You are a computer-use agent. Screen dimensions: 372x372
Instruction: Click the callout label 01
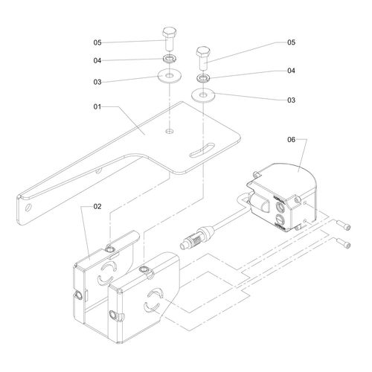[x=97, y=107]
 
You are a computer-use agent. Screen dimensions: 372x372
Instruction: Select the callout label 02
[x=97, y=207]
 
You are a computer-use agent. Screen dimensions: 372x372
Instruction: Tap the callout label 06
[x=292, y=140]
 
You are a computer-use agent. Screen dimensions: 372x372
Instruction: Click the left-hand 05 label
[x=97, y=42]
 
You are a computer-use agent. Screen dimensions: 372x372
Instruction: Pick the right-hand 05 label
[x=292, y=42]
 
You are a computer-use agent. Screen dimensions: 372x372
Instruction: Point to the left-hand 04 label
[x=97, y=60]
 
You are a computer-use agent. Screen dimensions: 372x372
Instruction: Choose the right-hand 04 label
[x=292, y=71]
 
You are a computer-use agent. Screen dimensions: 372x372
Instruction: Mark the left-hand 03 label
[x=97, y=82]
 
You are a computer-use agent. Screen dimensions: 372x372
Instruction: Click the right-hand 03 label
[x=292, y=100]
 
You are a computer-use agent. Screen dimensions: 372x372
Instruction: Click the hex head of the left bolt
[x=170, y=32]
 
